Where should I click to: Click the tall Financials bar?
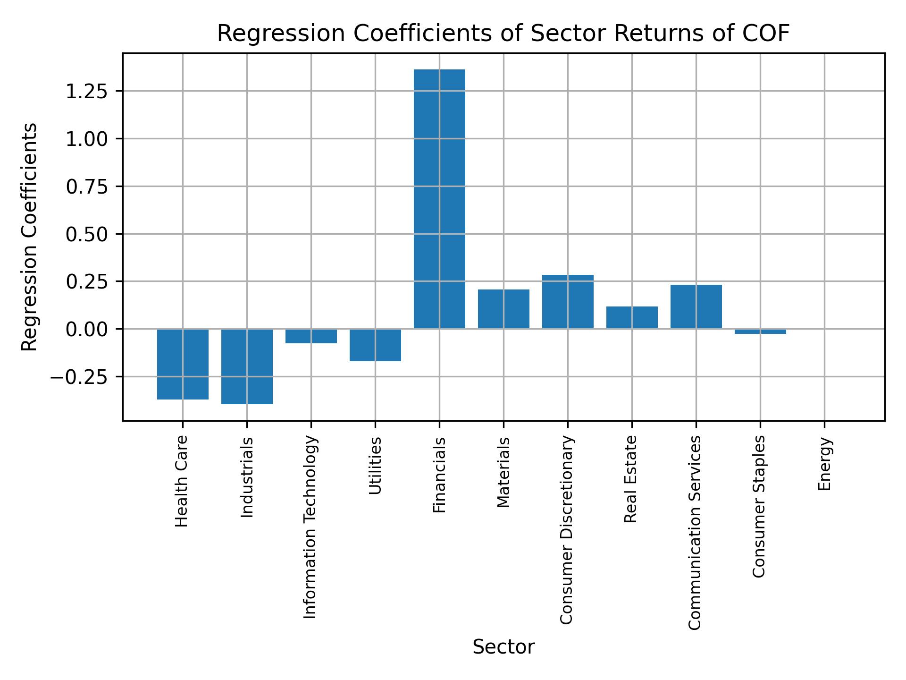point(439,198)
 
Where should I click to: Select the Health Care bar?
point(183,364)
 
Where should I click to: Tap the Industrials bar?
point(247,366)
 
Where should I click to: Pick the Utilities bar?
point(375,345)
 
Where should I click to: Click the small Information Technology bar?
point(311,336)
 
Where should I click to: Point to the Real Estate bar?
point(632,317)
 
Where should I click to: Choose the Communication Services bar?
point(696,306)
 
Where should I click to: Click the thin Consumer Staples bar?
point(760,331)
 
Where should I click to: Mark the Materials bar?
point(503,309)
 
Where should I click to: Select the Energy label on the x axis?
point(824,464)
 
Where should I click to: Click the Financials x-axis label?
point(439,475)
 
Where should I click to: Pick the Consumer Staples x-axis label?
point(759,506)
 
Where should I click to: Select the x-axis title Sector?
point(503,647)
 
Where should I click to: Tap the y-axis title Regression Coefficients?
point(29,237)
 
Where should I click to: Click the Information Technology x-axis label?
point(310,527)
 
